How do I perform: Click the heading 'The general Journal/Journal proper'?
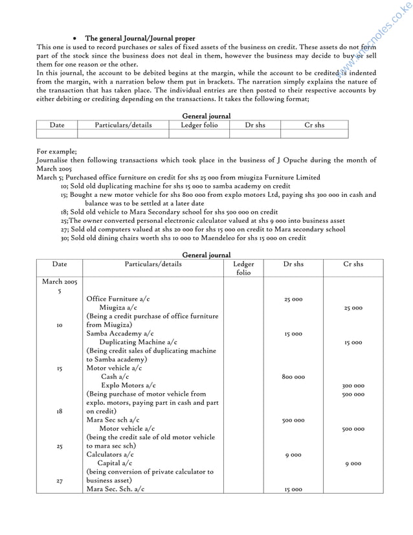(140, 39)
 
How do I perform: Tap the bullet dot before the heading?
(76, 39)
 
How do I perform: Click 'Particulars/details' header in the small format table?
(123, 124)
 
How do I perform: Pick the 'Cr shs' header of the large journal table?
(353, 264)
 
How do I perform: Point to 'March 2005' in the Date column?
(60, 282)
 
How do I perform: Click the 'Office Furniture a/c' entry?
(118, 299)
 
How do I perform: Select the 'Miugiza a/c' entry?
(118, 308)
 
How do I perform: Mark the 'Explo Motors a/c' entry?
(128, 385)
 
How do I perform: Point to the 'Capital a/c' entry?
(115, 464)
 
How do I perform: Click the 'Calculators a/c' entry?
(110, 455)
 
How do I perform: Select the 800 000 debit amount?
(293, 376)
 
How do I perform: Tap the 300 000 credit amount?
(353, 385)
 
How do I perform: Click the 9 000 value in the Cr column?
(353, 464)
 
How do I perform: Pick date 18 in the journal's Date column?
(59, 411)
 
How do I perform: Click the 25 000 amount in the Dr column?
(293, 299)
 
